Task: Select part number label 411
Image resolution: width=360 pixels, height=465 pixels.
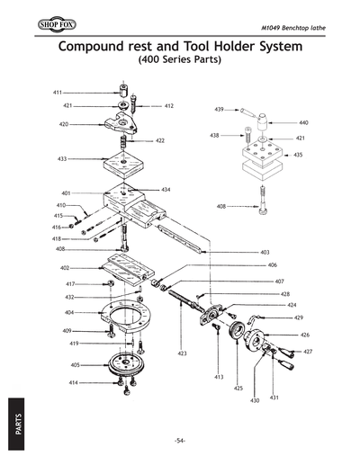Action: pos(57,93)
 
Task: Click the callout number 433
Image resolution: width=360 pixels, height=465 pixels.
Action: pos(62,158)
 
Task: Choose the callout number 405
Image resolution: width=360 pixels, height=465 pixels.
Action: pos(76,365)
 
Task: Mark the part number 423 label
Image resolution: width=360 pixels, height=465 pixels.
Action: pos(182,353)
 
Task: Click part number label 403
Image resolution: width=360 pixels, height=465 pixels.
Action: pos(265,253)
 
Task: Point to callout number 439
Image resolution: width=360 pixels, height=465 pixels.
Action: pos(219,109)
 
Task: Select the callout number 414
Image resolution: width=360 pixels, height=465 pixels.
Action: pos(75,383)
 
